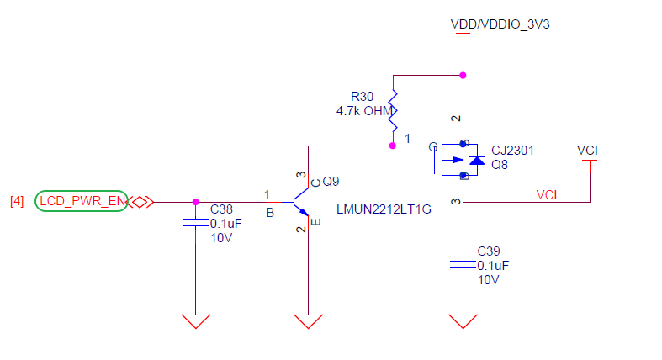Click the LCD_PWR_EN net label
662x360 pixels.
coord(82,201)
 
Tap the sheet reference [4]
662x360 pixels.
coord(17,201)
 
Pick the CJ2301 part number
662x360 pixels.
coord(513,151)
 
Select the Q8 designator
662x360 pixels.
coord(500,164)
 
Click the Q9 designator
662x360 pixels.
coord(331,181)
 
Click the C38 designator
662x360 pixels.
coord(221,208)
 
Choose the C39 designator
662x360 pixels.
coord(488,251)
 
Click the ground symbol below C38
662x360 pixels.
coord(195,320)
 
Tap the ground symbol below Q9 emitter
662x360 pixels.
coord(309,320)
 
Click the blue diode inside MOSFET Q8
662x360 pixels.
coord(476,160)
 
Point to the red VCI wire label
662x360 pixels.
coord(547,194)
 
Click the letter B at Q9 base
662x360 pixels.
coord(270,213)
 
